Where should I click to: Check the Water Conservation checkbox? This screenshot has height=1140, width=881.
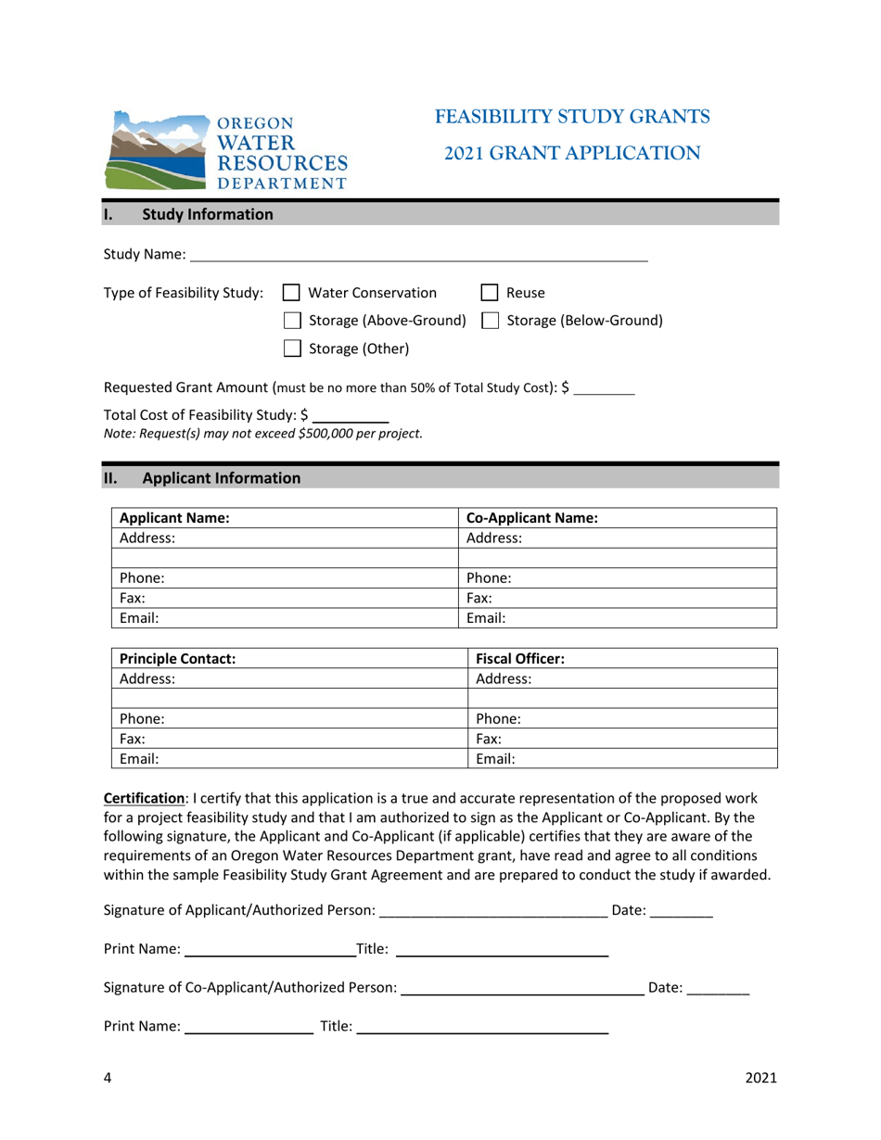click(291, 293)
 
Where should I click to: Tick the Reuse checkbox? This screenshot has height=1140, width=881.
click(490, 293)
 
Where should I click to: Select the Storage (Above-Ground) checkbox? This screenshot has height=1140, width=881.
click(291, 321)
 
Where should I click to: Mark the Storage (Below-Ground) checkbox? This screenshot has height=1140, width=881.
click(490, 321)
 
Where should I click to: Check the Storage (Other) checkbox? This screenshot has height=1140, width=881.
click(291, 348)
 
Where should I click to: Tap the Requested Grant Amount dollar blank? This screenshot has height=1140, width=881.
click(605, 388)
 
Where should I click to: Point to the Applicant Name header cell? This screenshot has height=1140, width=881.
click(285, 518)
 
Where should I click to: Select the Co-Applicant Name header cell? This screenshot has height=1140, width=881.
click(618, 518)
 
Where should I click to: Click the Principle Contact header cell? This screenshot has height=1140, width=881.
click(289, 659)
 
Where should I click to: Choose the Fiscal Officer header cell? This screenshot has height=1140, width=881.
click(623, 659)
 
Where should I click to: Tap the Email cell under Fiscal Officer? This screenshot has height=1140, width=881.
click(623, 759)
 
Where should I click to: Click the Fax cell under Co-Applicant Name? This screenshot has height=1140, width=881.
click(618, 598)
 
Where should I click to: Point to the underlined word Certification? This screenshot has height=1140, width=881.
click(144, 798)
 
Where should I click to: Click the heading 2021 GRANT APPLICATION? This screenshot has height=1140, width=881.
click(572, 154)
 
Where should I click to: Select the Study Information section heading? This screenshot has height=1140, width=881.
click(207, 214)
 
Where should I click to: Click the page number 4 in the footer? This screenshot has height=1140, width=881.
click(108, 1077)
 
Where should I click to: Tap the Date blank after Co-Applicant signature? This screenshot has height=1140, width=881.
click(718, 989)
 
